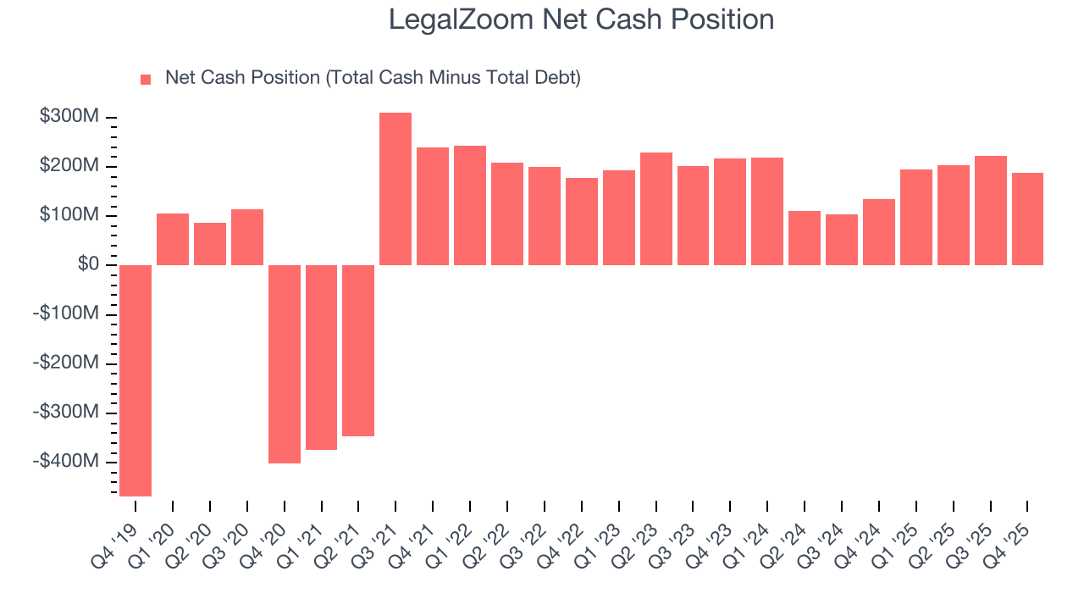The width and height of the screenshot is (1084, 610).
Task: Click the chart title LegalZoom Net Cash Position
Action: pos(581,19)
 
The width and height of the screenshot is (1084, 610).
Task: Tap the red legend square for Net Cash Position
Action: pos(146,79)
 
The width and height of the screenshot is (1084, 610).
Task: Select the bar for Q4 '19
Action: pos(135,380)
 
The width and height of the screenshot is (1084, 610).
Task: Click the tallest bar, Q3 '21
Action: pos(395,189)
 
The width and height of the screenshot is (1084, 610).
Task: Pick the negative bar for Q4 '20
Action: pos(285,364)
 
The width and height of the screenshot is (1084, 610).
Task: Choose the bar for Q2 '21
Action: pos(358,351)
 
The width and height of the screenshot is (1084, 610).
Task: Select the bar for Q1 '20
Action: pos(173,240)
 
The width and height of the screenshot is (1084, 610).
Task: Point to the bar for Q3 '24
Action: pos(842,240)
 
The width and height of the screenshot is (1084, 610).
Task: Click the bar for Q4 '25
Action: pos(1027,219)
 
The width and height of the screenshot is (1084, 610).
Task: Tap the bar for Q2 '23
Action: pos(656,209)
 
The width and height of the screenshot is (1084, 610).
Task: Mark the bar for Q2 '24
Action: pos(805,238)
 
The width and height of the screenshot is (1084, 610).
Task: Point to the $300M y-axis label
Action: pos(69,117)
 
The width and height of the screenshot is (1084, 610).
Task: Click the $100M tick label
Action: pos(69,215)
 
